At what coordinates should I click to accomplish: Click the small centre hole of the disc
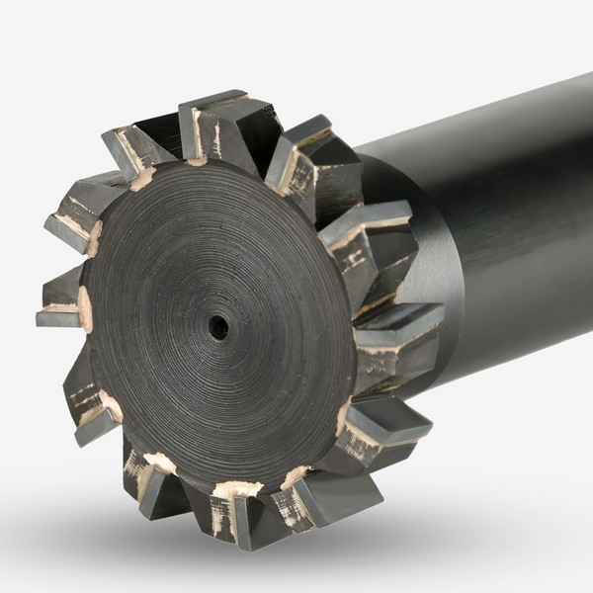218,325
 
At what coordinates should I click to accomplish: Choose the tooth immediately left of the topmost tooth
138,148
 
